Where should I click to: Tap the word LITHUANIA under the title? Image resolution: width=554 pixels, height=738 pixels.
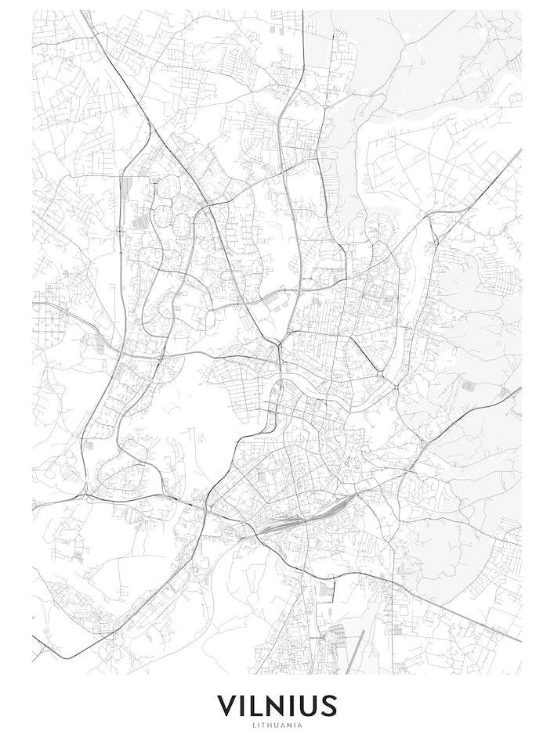pos(277,725)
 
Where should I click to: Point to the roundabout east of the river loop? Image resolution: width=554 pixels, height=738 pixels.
pos(379,375)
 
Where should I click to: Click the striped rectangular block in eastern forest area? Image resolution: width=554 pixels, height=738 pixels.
pos(468,386)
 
